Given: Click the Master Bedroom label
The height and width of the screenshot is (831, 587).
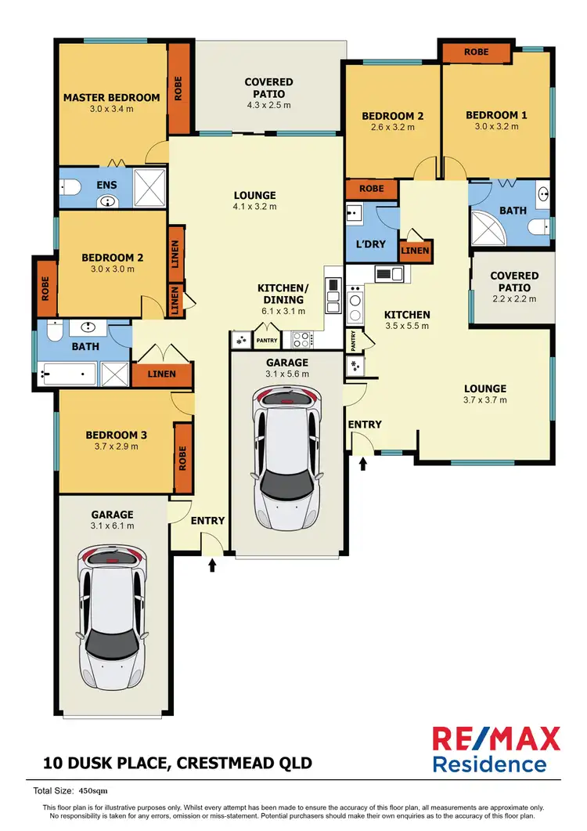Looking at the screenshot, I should coord(111,98).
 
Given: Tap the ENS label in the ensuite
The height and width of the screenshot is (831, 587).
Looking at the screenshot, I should coord(107,186).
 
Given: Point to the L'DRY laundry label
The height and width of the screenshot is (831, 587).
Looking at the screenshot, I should coord(370,244).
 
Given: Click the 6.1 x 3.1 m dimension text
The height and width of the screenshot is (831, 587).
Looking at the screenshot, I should coord(283,311).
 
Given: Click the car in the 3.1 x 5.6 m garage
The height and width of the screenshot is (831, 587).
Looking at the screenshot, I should coord(288,457).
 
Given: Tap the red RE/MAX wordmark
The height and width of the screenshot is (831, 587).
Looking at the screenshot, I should coord(496,738).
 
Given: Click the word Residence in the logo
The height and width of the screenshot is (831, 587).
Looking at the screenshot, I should coord(490,764).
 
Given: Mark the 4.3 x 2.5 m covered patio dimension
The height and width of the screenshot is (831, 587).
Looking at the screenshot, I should coord(268,105).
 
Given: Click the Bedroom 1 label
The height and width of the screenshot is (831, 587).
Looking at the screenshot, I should coord(496,115).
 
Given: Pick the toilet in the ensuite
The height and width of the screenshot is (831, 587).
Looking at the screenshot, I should coord(70,186).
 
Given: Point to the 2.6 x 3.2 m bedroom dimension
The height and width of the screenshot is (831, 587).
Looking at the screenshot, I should coord(392,128).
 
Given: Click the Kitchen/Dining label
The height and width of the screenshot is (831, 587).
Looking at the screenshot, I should coord(283,294).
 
